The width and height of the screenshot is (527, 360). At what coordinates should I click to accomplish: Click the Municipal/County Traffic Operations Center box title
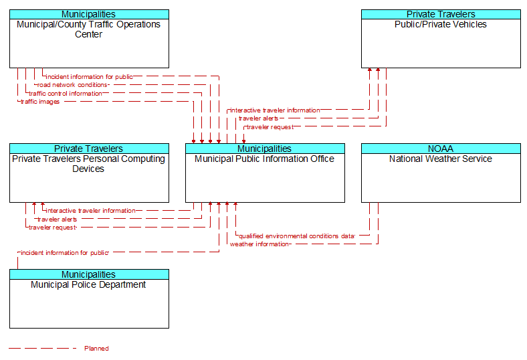[x=89, y=29]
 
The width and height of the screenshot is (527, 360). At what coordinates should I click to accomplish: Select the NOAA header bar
[x=441, y=149]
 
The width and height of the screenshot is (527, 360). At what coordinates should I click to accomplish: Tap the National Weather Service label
[x=441, y=159]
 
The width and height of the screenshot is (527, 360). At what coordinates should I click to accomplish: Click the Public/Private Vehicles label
[x=441, y=24]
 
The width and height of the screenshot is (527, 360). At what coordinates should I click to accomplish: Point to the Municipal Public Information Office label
[x=265, y=159]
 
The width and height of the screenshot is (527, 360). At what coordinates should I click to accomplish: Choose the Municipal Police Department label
[x=88, y=284]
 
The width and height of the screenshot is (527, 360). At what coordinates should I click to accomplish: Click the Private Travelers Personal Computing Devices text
[x=88, y=164]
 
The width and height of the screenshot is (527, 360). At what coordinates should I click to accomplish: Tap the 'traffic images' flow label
[x=40, y=102]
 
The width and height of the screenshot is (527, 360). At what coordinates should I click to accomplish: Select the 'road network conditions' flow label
[x=72, y=85]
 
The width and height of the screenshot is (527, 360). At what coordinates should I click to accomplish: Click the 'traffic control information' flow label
[x=65, y=94]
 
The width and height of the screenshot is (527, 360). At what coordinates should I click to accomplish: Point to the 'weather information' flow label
[x=259, y=244]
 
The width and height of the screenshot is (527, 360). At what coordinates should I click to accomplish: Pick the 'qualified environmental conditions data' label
[x=296, y=236]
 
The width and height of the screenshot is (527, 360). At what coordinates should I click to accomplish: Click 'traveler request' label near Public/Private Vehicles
[x=270, y=127]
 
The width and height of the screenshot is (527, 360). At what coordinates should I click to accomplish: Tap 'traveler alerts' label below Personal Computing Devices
[x=57, y=219]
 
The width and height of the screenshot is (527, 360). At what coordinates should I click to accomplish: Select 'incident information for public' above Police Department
[x=64, y=253]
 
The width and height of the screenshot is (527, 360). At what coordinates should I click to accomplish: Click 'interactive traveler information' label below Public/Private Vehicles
[x=275, y=110]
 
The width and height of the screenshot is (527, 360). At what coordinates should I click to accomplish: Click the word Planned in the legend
[x=96, y=348]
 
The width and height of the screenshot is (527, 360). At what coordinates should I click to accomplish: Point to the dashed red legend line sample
[x=42, y=348]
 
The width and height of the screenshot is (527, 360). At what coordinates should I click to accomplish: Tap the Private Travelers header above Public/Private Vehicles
[x=441, y=14]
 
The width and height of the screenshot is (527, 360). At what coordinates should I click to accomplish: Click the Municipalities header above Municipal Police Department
[x=89, y=274]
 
